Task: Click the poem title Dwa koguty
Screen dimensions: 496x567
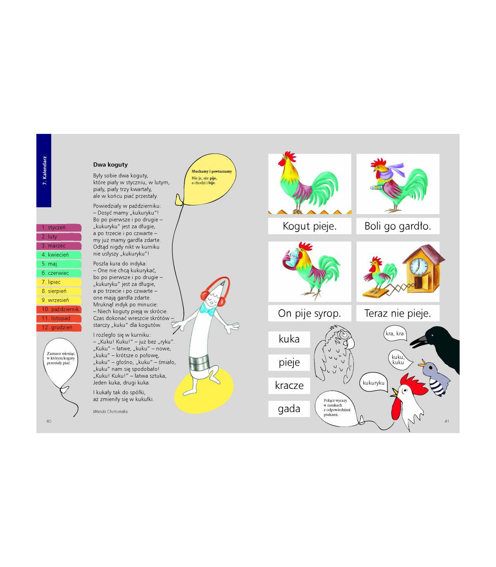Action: coord(110,164)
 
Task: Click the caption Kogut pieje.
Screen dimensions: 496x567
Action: coord(310,226)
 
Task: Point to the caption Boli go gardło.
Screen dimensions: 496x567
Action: coord(398,226)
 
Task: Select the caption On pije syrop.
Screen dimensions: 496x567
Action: coord(310,313)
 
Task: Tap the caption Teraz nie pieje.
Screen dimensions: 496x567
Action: coord(398,313)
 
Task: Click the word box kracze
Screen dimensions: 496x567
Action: coord(289,386)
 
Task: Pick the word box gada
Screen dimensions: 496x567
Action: coord(289,409)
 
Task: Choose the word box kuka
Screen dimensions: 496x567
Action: coord(289,339)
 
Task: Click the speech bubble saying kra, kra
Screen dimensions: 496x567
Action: coord(395,334)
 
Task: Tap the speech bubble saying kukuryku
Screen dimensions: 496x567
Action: coord(374,383)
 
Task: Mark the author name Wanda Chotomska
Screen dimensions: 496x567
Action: coord(110,412)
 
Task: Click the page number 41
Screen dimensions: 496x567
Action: coord(447,421)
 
